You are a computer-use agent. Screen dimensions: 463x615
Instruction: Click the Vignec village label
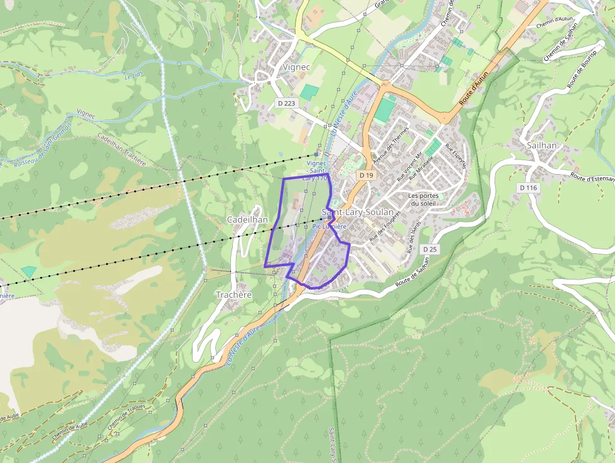click(x=280, y=66)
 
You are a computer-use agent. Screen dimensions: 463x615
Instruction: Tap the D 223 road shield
click(x=286, y=103)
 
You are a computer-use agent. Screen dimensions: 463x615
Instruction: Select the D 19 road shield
click(x=367, y=175)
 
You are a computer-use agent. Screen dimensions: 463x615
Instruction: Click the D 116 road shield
click(x=529, y=187)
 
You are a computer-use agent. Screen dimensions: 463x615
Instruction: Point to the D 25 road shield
click(x=430, y=249)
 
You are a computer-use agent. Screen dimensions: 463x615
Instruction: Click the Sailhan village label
click(x=542, y=145)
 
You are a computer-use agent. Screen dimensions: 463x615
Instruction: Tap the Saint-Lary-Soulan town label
click(x=358, y=212)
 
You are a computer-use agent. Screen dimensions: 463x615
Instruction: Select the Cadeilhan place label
click(x=247, y=219)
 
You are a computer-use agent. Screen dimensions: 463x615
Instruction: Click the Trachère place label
click(x=233, y=294)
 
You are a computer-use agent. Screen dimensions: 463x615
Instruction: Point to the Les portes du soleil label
click(x=424, y=199)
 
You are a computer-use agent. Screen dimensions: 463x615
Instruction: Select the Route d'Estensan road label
click(x=592, y=178)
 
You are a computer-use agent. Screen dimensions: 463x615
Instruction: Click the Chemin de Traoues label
click(x=126, y=415)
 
